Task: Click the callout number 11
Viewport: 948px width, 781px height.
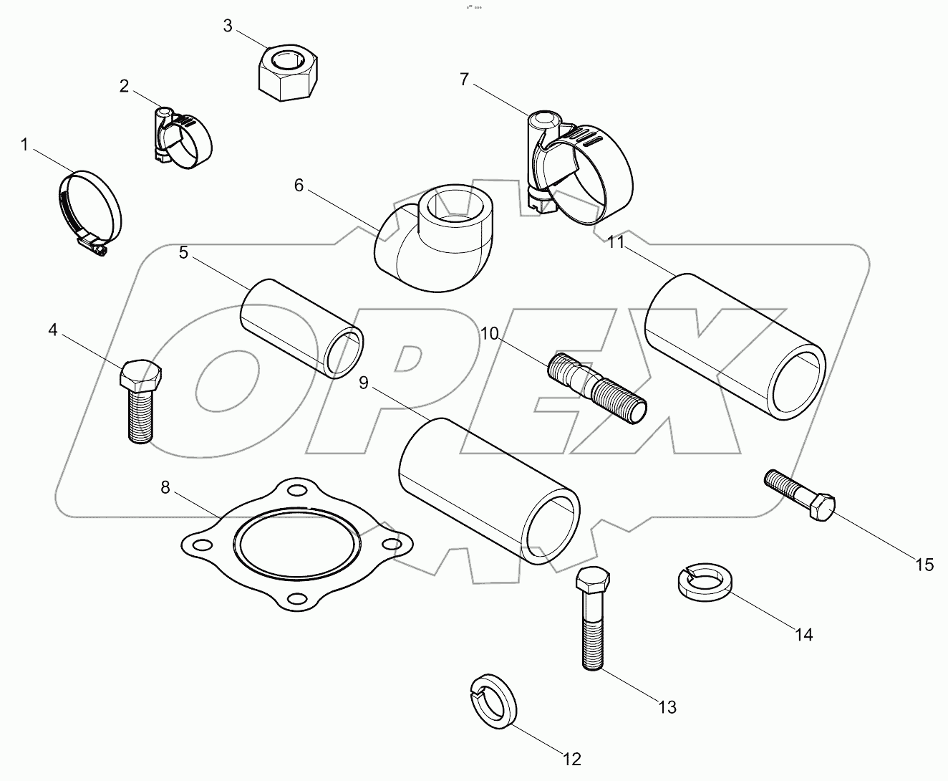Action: [x=616, y=242]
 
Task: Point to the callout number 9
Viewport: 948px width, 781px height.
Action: [x=364, y=383]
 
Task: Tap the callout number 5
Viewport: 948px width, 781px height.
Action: [x=183, y=252]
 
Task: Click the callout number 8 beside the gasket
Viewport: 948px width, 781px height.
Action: [x=165, y=487]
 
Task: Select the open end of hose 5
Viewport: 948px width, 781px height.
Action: [x=344, y=353]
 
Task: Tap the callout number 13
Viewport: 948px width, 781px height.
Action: [x=667, y=707]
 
